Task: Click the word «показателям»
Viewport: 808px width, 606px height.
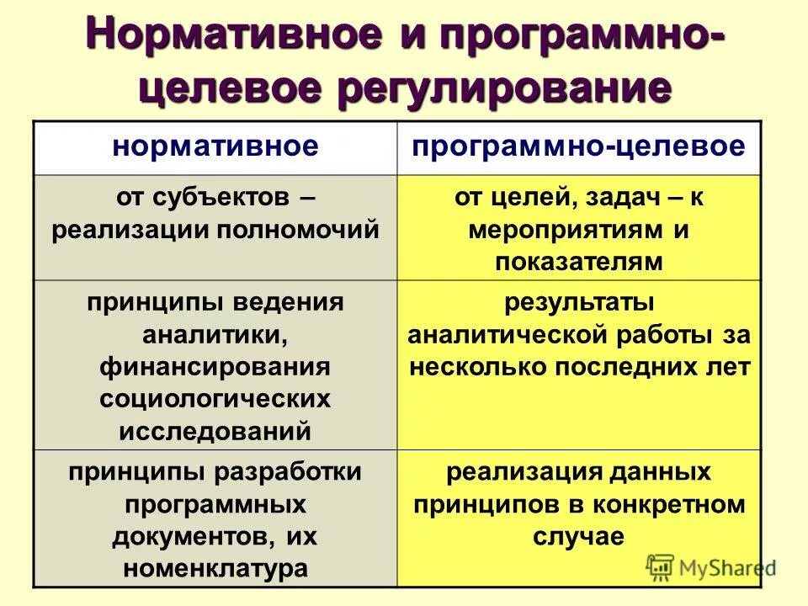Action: pyautogui.click(x=578, y=262)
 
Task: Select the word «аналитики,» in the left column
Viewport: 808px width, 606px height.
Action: pyautogui.click(x=215, y=336)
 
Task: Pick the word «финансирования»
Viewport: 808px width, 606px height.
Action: pyautogui.click(x=215, y=368)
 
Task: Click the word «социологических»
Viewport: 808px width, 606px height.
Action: pyautogui.click(x=215, y=399)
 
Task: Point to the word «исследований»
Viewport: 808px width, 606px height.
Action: pyautogui.click(x=215, y=431)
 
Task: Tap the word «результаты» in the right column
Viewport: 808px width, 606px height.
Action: pyautogui.click(x=578, y=303)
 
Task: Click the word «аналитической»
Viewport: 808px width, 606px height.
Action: pyautogui.click(x=507, y=335)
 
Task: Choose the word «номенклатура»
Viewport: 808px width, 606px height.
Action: pyautogui.click(x=215, y=568)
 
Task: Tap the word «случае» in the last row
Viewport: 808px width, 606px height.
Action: pyautogui.click(x=578, y=536)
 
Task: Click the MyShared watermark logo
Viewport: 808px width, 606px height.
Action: pyautogui.click(x=711, y=567)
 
